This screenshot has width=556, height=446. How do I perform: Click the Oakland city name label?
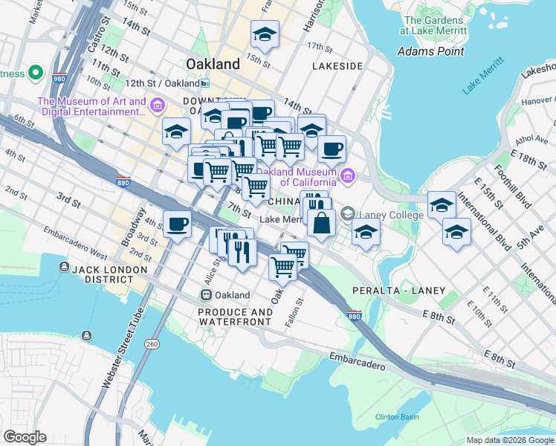213,64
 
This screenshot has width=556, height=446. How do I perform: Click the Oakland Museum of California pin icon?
348,176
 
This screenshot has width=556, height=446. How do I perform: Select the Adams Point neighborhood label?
431,51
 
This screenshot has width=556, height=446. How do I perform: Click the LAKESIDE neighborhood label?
337,66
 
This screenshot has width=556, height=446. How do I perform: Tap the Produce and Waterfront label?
235,317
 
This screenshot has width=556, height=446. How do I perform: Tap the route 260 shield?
152,343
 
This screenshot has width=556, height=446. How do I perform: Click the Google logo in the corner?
25,437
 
